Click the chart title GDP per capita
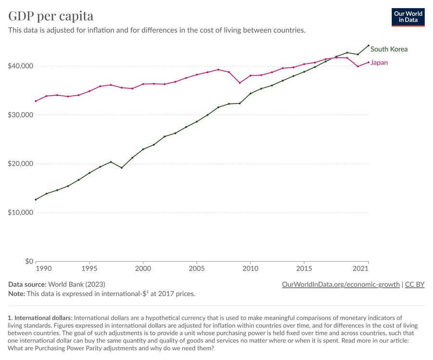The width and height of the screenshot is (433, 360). (x=51, y=16)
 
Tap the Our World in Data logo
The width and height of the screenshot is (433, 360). (x=408, y=17)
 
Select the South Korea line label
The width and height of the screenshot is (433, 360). (x=389, y=49)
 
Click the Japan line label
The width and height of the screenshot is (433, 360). (x=379, y=63)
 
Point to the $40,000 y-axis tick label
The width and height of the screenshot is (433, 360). (x=20, y=66)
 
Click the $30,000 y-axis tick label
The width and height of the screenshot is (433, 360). (x=20, y=115)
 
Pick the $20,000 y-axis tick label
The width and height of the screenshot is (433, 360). (x=20, y=164)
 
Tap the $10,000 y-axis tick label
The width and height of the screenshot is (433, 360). (x=20, y=213)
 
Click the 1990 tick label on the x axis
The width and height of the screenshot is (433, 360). (x=43, y=267)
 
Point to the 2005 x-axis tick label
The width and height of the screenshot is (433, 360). (x=196, y=267)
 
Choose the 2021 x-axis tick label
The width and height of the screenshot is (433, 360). (x=361, y=267)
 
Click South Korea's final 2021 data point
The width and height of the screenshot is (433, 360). (x=369, y=45)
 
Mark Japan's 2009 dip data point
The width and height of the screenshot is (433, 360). (x=240, y=83)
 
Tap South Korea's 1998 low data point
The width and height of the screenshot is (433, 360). (x=122, y=167)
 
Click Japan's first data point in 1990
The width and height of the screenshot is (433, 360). (x=36, y=101)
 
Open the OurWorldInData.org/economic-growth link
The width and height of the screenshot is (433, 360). (x=341, y=284)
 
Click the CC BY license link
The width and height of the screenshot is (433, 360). (x=415, y=284)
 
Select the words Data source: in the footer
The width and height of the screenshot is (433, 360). (x=26, y=284)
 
